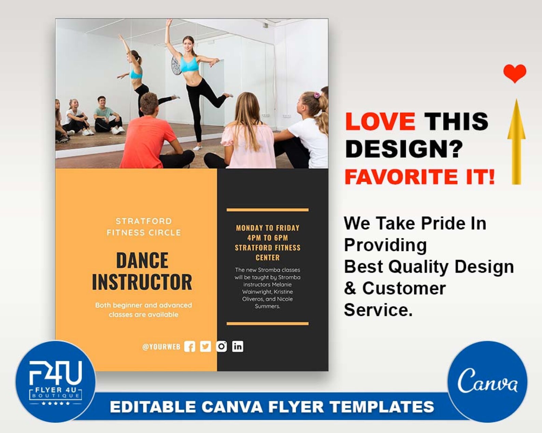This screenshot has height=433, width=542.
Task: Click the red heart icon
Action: [x=515, y=73]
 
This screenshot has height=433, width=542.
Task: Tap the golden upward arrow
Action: [x=516, y=143]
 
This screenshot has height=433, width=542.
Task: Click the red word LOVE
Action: [x=380, y=121]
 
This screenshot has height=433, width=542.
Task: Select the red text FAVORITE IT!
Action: [x=419, y=177]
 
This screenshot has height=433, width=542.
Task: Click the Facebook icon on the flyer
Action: [x=190, y=346]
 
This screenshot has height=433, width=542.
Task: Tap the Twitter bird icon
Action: [x=205, y=346]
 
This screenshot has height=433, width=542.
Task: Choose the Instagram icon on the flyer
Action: [x=222, y=346]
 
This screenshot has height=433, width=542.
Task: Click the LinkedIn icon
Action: [x=238, y=346]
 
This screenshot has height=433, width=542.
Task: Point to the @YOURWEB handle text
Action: [x=161, y=347]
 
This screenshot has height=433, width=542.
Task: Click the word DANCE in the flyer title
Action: [x=142, y=260]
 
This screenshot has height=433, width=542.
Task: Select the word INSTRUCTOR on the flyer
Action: [x=142, y=282]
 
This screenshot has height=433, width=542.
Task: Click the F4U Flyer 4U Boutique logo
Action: [x=55, y=381]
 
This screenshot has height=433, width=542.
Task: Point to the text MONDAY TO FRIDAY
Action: [x=268, y=228]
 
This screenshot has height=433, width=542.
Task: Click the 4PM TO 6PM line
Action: [x=268, y=238]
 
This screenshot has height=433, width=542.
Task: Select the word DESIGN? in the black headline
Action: [x=404, y=149]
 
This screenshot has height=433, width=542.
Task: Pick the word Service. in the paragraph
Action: [x=378, y=310]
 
